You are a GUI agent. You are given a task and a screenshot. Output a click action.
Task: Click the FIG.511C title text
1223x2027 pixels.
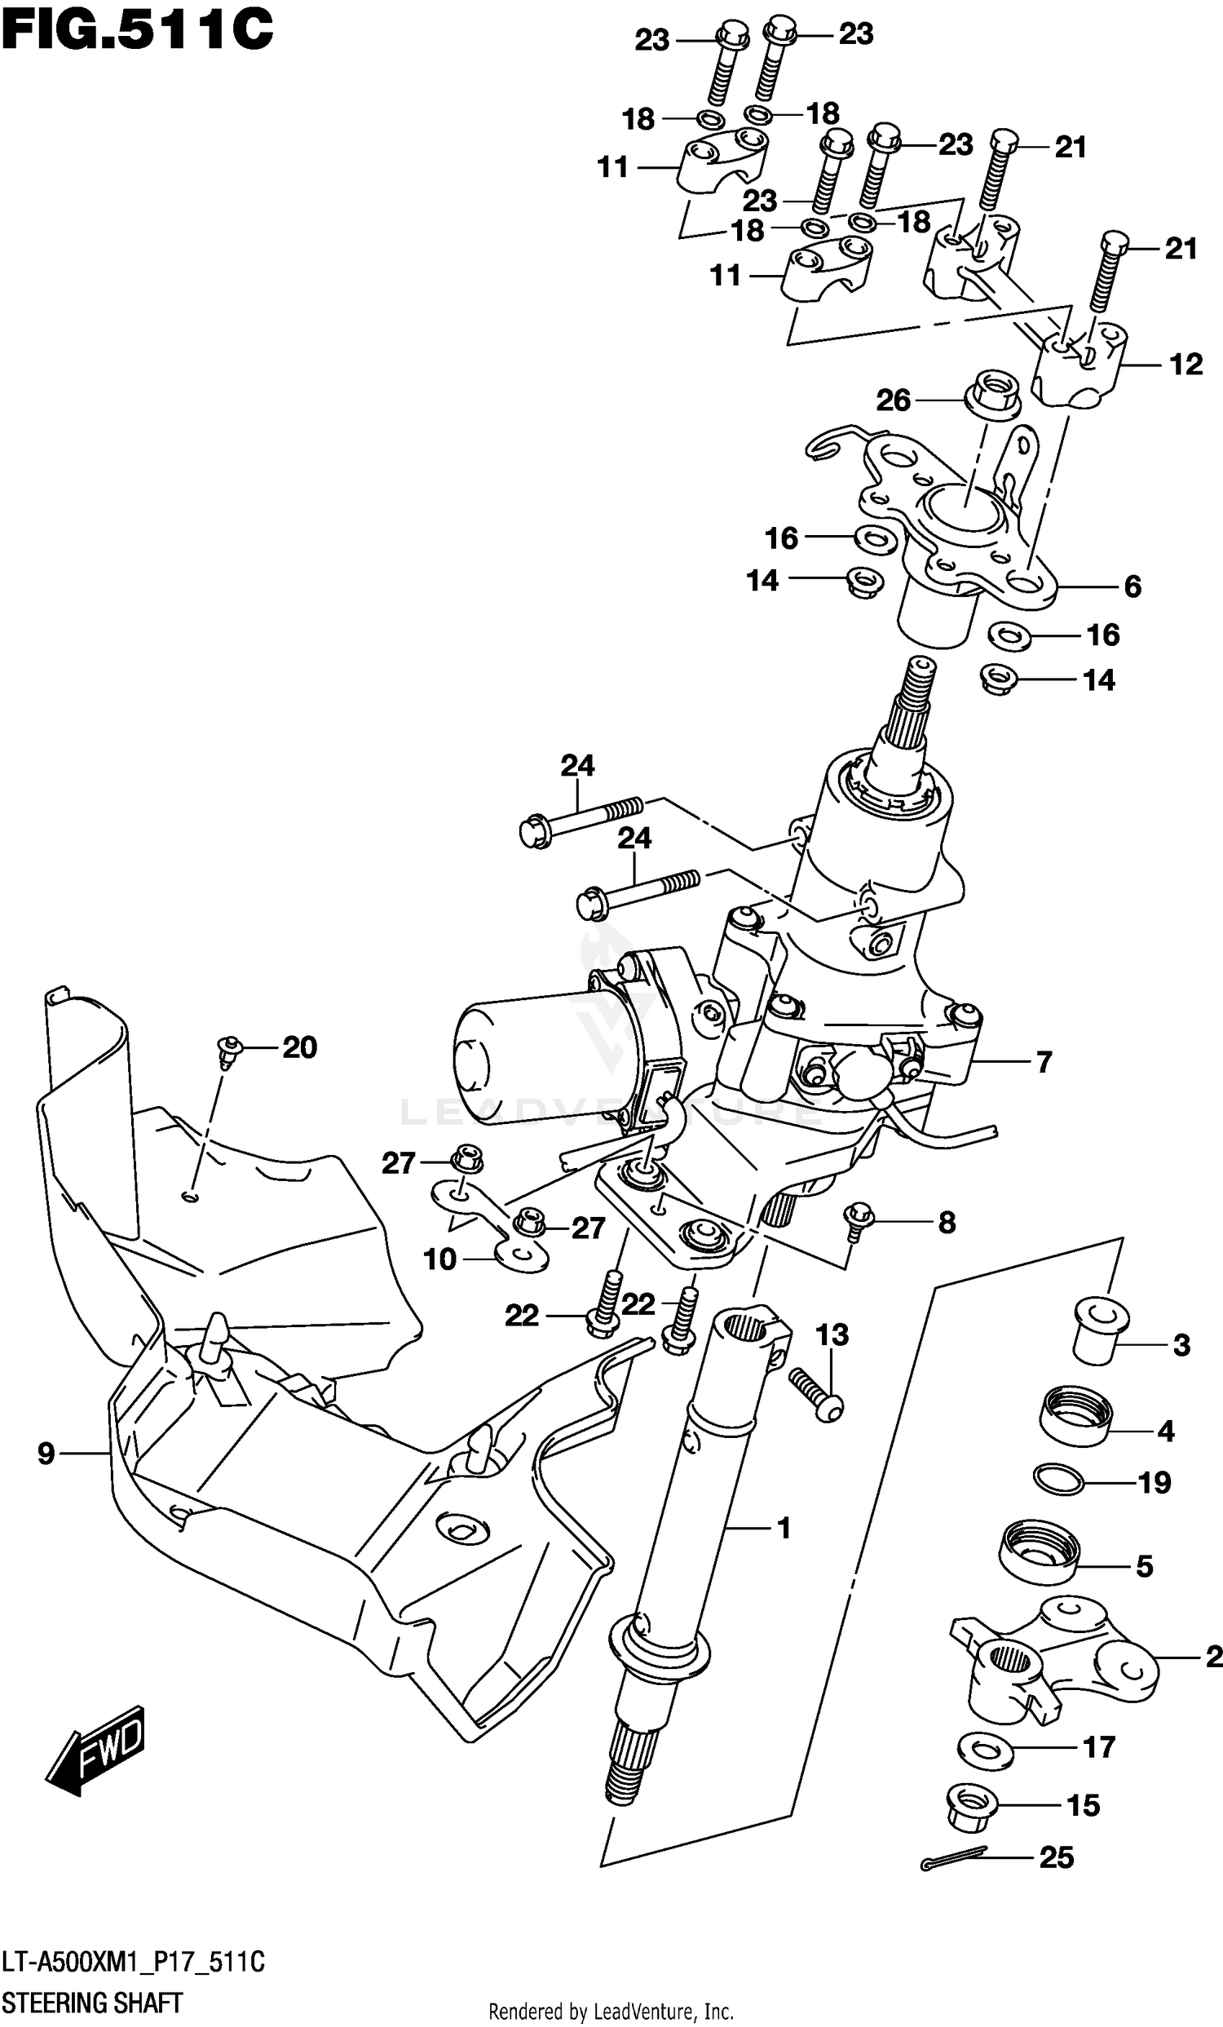135,31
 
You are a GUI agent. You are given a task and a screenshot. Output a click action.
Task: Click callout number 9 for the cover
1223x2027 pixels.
46,1454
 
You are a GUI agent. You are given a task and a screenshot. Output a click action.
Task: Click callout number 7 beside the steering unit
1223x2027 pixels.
1044,1062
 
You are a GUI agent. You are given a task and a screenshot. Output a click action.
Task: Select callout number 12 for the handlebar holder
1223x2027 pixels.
1185,365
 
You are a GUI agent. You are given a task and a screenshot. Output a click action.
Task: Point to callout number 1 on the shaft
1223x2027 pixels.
783,1529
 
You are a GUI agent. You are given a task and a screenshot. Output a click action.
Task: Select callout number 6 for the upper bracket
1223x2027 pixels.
1132,586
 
